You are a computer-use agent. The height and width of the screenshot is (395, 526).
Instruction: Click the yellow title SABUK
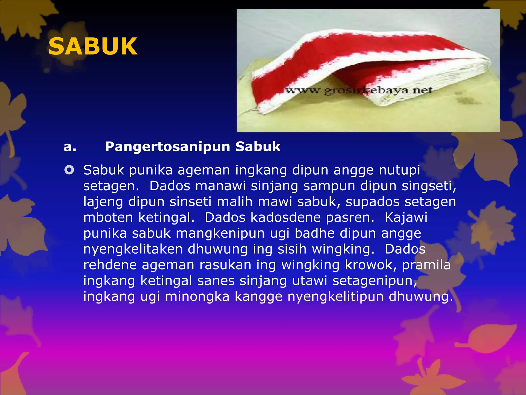(93, 46)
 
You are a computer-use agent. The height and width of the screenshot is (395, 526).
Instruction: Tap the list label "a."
(70, 147)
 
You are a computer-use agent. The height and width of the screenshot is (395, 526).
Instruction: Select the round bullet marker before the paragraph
(69, 170)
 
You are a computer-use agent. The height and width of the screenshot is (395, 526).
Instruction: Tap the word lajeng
(103, 202)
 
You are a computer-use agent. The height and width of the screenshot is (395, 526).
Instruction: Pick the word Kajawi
(406, 218)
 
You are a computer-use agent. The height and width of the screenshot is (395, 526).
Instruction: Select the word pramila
(426, 265)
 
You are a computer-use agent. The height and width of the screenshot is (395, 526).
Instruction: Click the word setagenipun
(375, 281)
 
